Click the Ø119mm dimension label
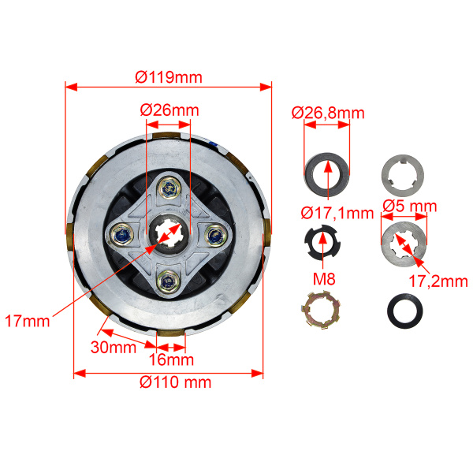tap(169, 77)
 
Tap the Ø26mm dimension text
tap(169, 110)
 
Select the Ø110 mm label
tap(175, 382)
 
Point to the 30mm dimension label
tap(114, 347)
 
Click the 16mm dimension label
tap(171, 359)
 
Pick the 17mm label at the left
tap(28, 321)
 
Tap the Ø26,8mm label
tap(328, 113)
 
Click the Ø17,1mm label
tap(337, 214)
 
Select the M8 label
tap(324, 279)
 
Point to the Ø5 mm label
tap(410, 207)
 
